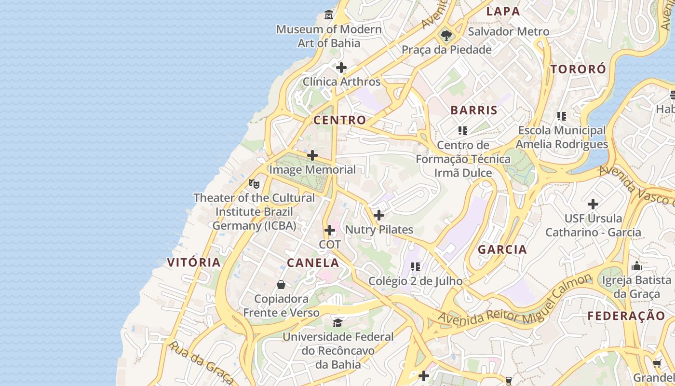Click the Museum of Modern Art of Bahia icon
click(x=329, y=15)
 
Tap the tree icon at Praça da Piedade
click(x=446, y=35)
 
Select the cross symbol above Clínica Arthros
click(x=341, y=68)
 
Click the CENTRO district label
click(x=339, y=120)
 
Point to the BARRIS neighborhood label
click(x=474, y=110)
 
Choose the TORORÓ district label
click(x=578, y=69)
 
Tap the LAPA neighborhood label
click(x=503, y=12)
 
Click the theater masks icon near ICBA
click(x=254, y=183)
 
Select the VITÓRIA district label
click(x=194, y=262)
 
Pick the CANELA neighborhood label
click(x=313, y=263)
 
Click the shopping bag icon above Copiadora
click(x=281, y=285)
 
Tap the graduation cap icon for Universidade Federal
click(x=338, y=322)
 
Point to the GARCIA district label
click(x=502, y=249)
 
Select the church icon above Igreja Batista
click(x=637, y=266)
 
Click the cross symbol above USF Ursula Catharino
click(x=593, y=204)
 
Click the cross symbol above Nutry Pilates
click(x=379, y=215)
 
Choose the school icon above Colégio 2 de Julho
click(x=416, y=266)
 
